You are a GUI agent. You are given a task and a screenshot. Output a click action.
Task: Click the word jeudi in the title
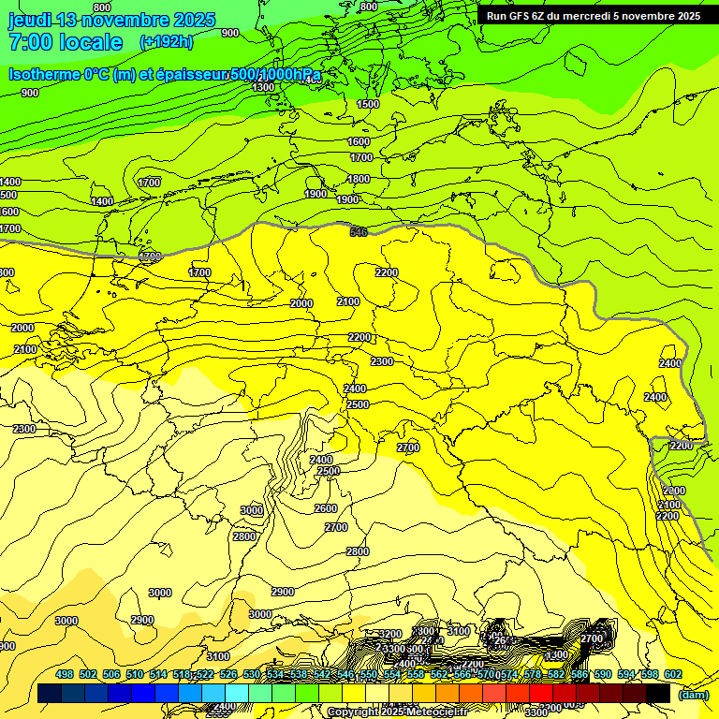(31, 20)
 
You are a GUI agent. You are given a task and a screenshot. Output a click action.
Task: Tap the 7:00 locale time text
(66, 42)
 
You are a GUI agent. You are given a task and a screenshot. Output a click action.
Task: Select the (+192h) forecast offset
(167, 42)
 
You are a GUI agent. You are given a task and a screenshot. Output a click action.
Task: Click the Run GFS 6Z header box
(593, 16)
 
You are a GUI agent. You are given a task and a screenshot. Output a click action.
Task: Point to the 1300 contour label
(263, 87)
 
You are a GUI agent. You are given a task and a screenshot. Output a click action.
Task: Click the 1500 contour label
(368, 104)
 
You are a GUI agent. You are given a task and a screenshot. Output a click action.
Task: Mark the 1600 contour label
(359, 141)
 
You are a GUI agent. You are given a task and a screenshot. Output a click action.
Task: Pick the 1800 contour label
(359, 179)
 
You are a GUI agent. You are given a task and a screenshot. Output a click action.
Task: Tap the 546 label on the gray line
(358, 231)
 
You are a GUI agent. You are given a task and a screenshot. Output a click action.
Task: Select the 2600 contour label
(325, 508)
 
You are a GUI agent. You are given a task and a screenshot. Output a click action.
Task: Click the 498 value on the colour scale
(65, 675)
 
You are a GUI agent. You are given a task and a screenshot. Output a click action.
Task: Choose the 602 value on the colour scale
(673, 675)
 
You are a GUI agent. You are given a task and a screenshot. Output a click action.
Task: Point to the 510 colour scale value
(135, 675)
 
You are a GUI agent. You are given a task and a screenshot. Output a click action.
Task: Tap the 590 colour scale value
(603, 675)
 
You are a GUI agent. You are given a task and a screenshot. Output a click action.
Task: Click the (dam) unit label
(694, 694)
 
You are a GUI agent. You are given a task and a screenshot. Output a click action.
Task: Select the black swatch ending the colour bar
(658, 694)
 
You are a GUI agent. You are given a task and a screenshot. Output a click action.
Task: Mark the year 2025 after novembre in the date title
(195, 20)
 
